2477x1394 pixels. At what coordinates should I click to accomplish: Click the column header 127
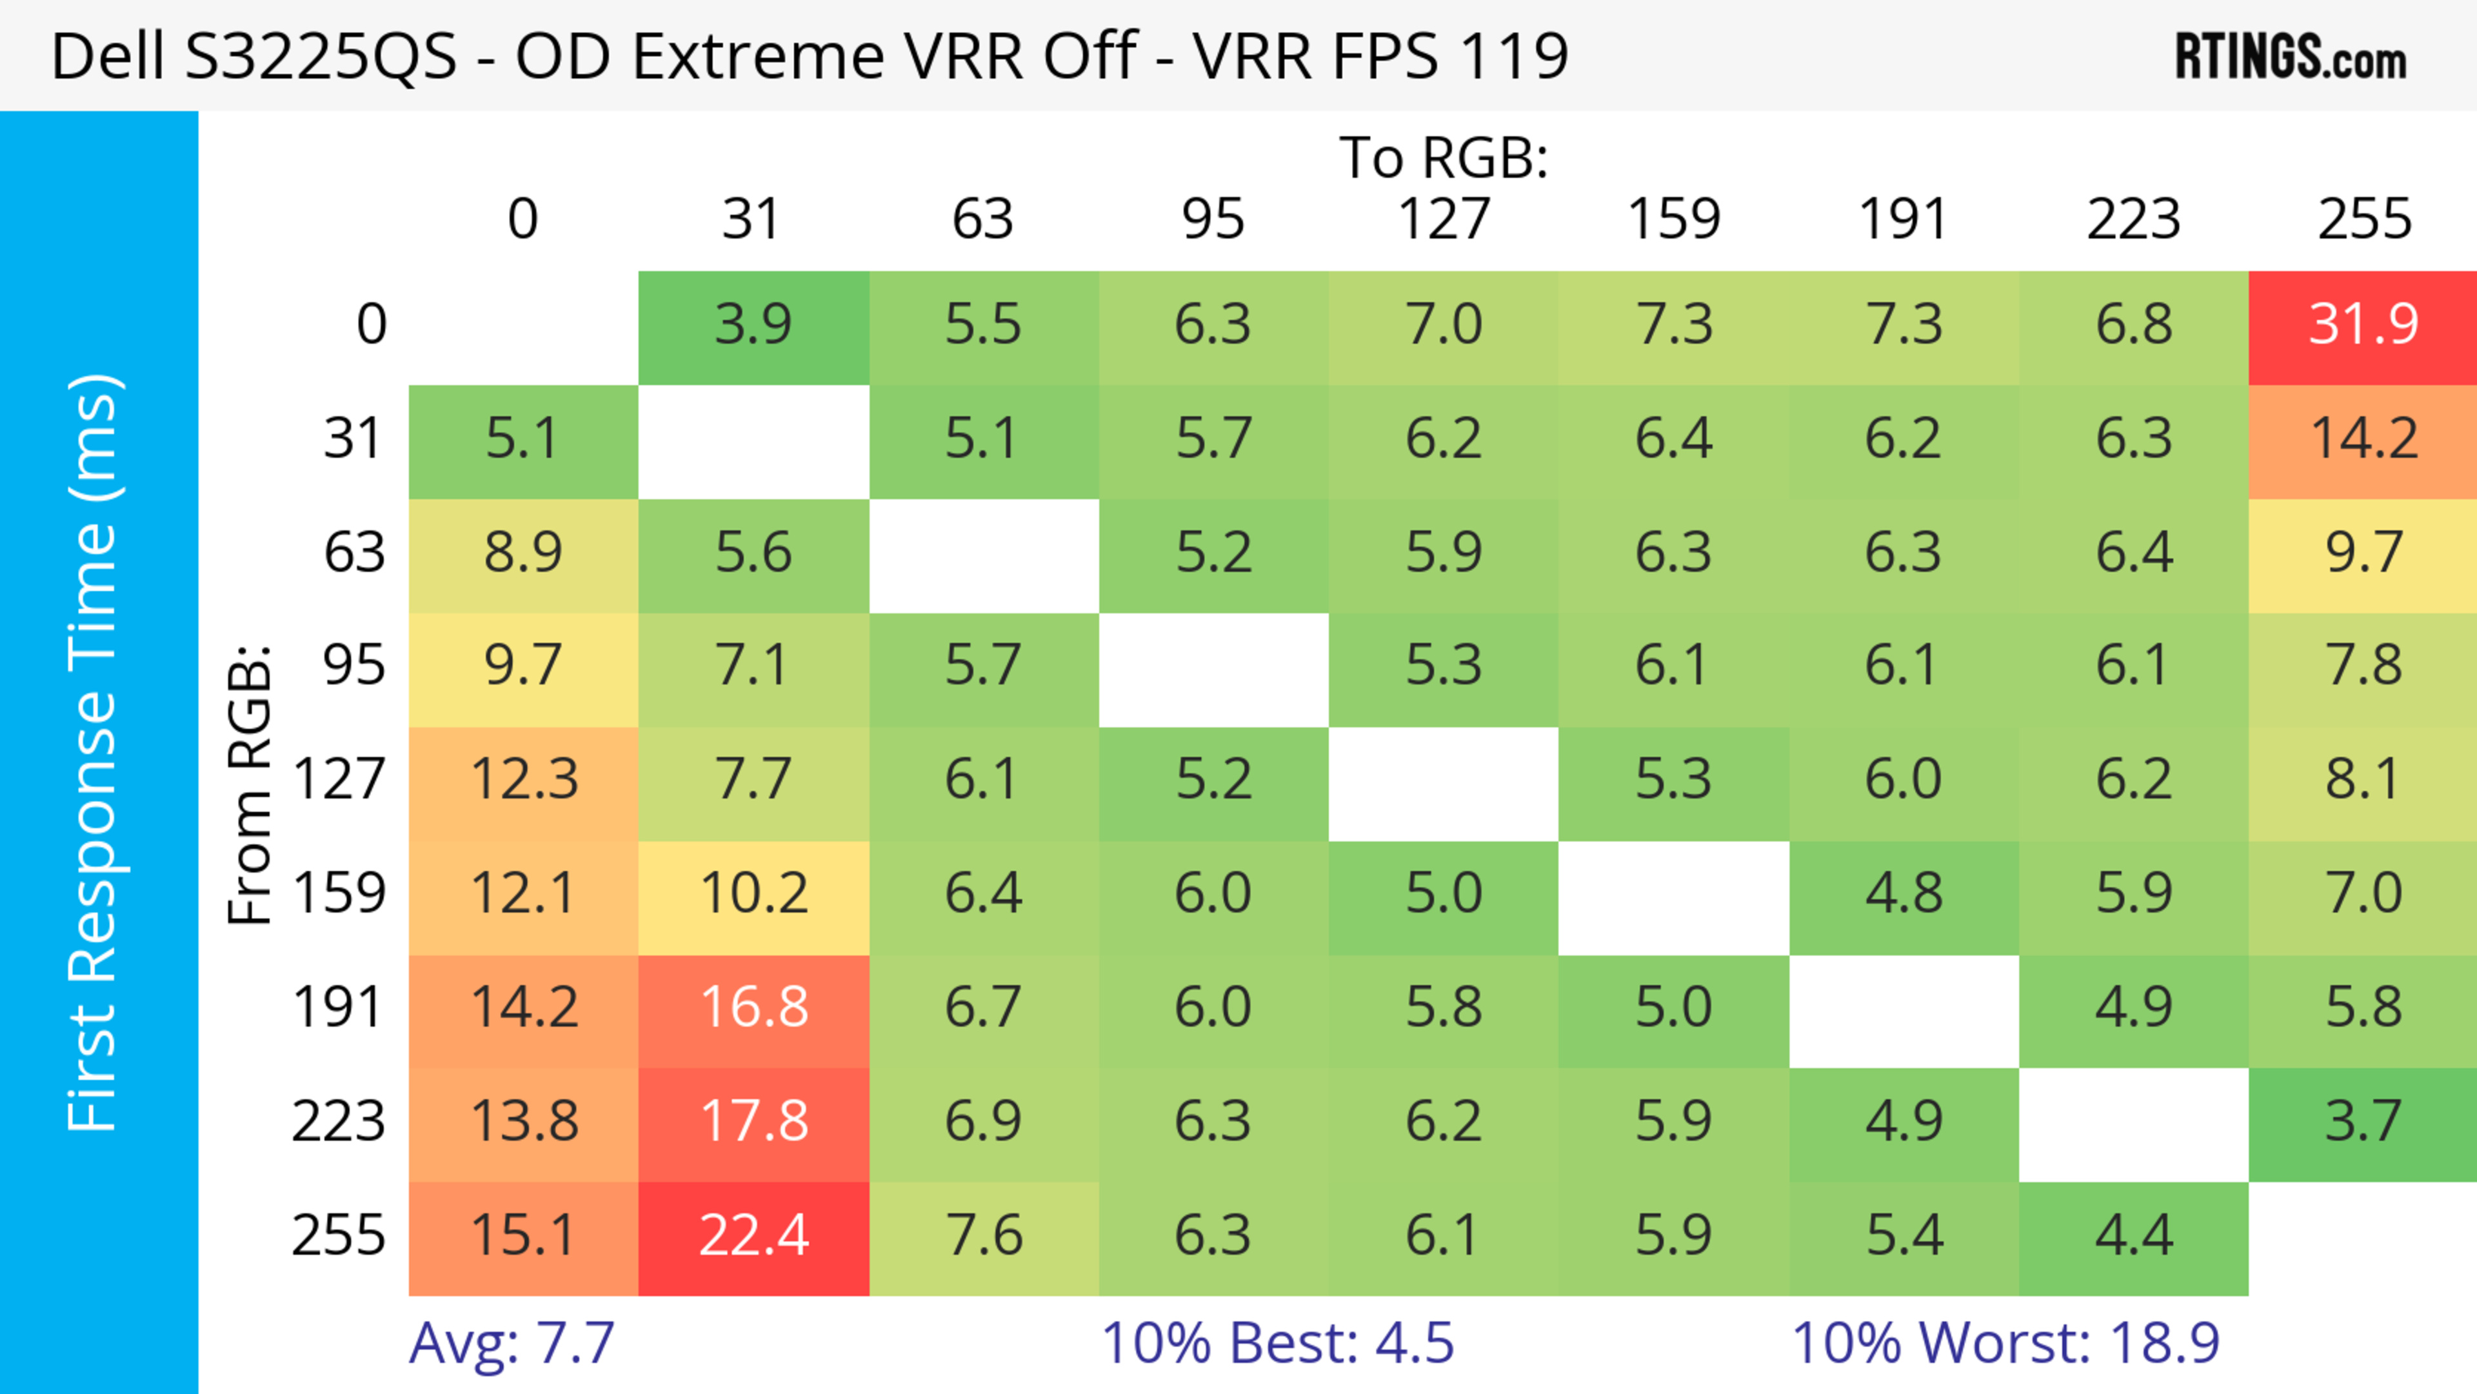pos(1444,219)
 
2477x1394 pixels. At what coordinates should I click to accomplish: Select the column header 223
pos(2134,219)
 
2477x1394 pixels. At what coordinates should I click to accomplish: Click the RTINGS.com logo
pos(2291,57)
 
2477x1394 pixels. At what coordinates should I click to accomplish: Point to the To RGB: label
pos(1444,157)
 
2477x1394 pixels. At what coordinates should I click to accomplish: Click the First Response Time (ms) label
pos(94,752)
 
